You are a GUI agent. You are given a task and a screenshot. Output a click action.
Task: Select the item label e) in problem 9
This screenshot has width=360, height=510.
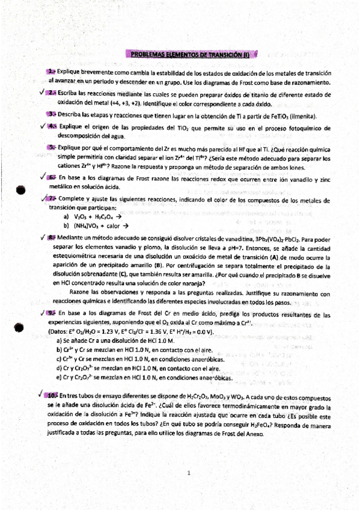tap(59, 378)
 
